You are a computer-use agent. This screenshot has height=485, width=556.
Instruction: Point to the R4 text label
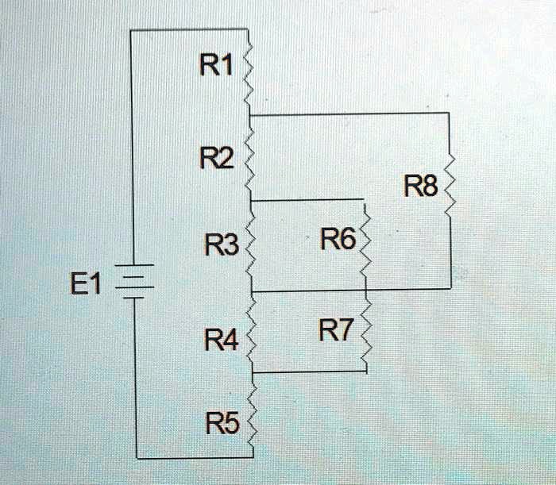point(218,343)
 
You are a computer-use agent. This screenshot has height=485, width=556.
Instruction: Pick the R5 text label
point(220,426)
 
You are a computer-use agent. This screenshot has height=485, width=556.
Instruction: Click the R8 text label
point(419,188)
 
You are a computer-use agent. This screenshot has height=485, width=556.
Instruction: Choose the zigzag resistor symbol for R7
point(366,333)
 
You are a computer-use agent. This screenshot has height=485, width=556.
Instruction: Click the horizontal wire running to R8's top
point(349,114)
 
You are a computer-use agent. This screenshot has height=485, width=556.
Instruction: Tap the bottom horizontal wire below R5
point(195,458)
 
